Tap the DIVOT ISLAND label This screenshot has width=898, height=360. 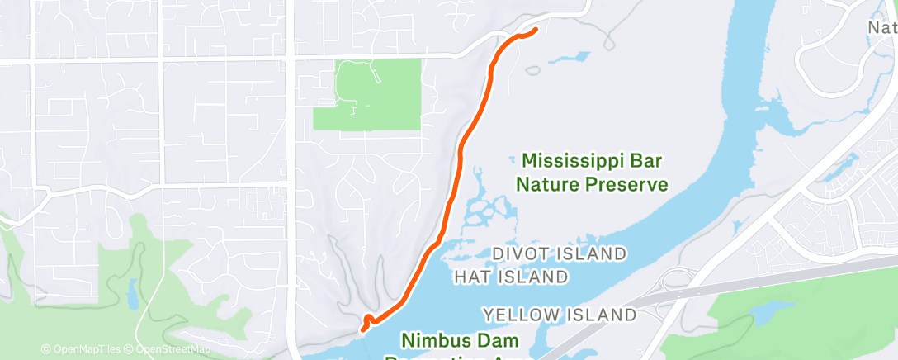[x=559, y=253]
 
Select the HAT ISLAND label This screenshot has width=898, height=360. [x=511, y=277]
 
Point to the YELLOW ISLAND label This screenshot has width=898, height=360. [x=560, y=315]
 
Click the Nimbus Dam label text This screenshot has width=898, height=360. [x=460, y=339]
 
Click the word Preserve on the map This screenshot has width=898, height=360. [x=626, y=184]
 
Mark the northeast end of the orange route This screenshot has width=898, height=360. [x=536, y=31]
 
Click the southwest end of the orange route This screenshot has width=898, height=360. [x=362, y=329]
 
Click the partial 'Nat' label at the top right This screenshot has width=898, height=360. [x=881, y=27]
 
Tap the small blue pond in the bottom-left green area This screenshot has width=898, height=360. [x=132, y=291]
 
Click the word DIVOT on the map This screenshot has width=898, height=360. [x=521, y=253]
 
